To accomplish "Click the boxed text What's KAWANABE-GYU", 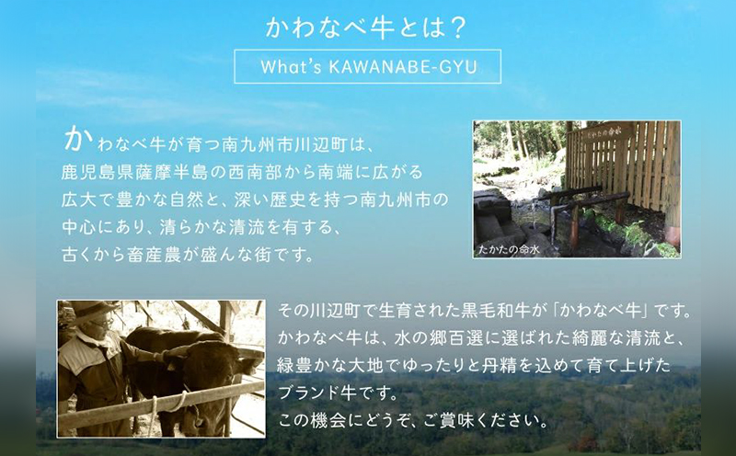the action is [x=368, y=66].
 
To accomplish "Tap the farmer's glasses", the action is [x=105, y=324].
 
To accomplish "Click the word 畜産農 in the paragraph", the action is [x=154, y=255].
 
